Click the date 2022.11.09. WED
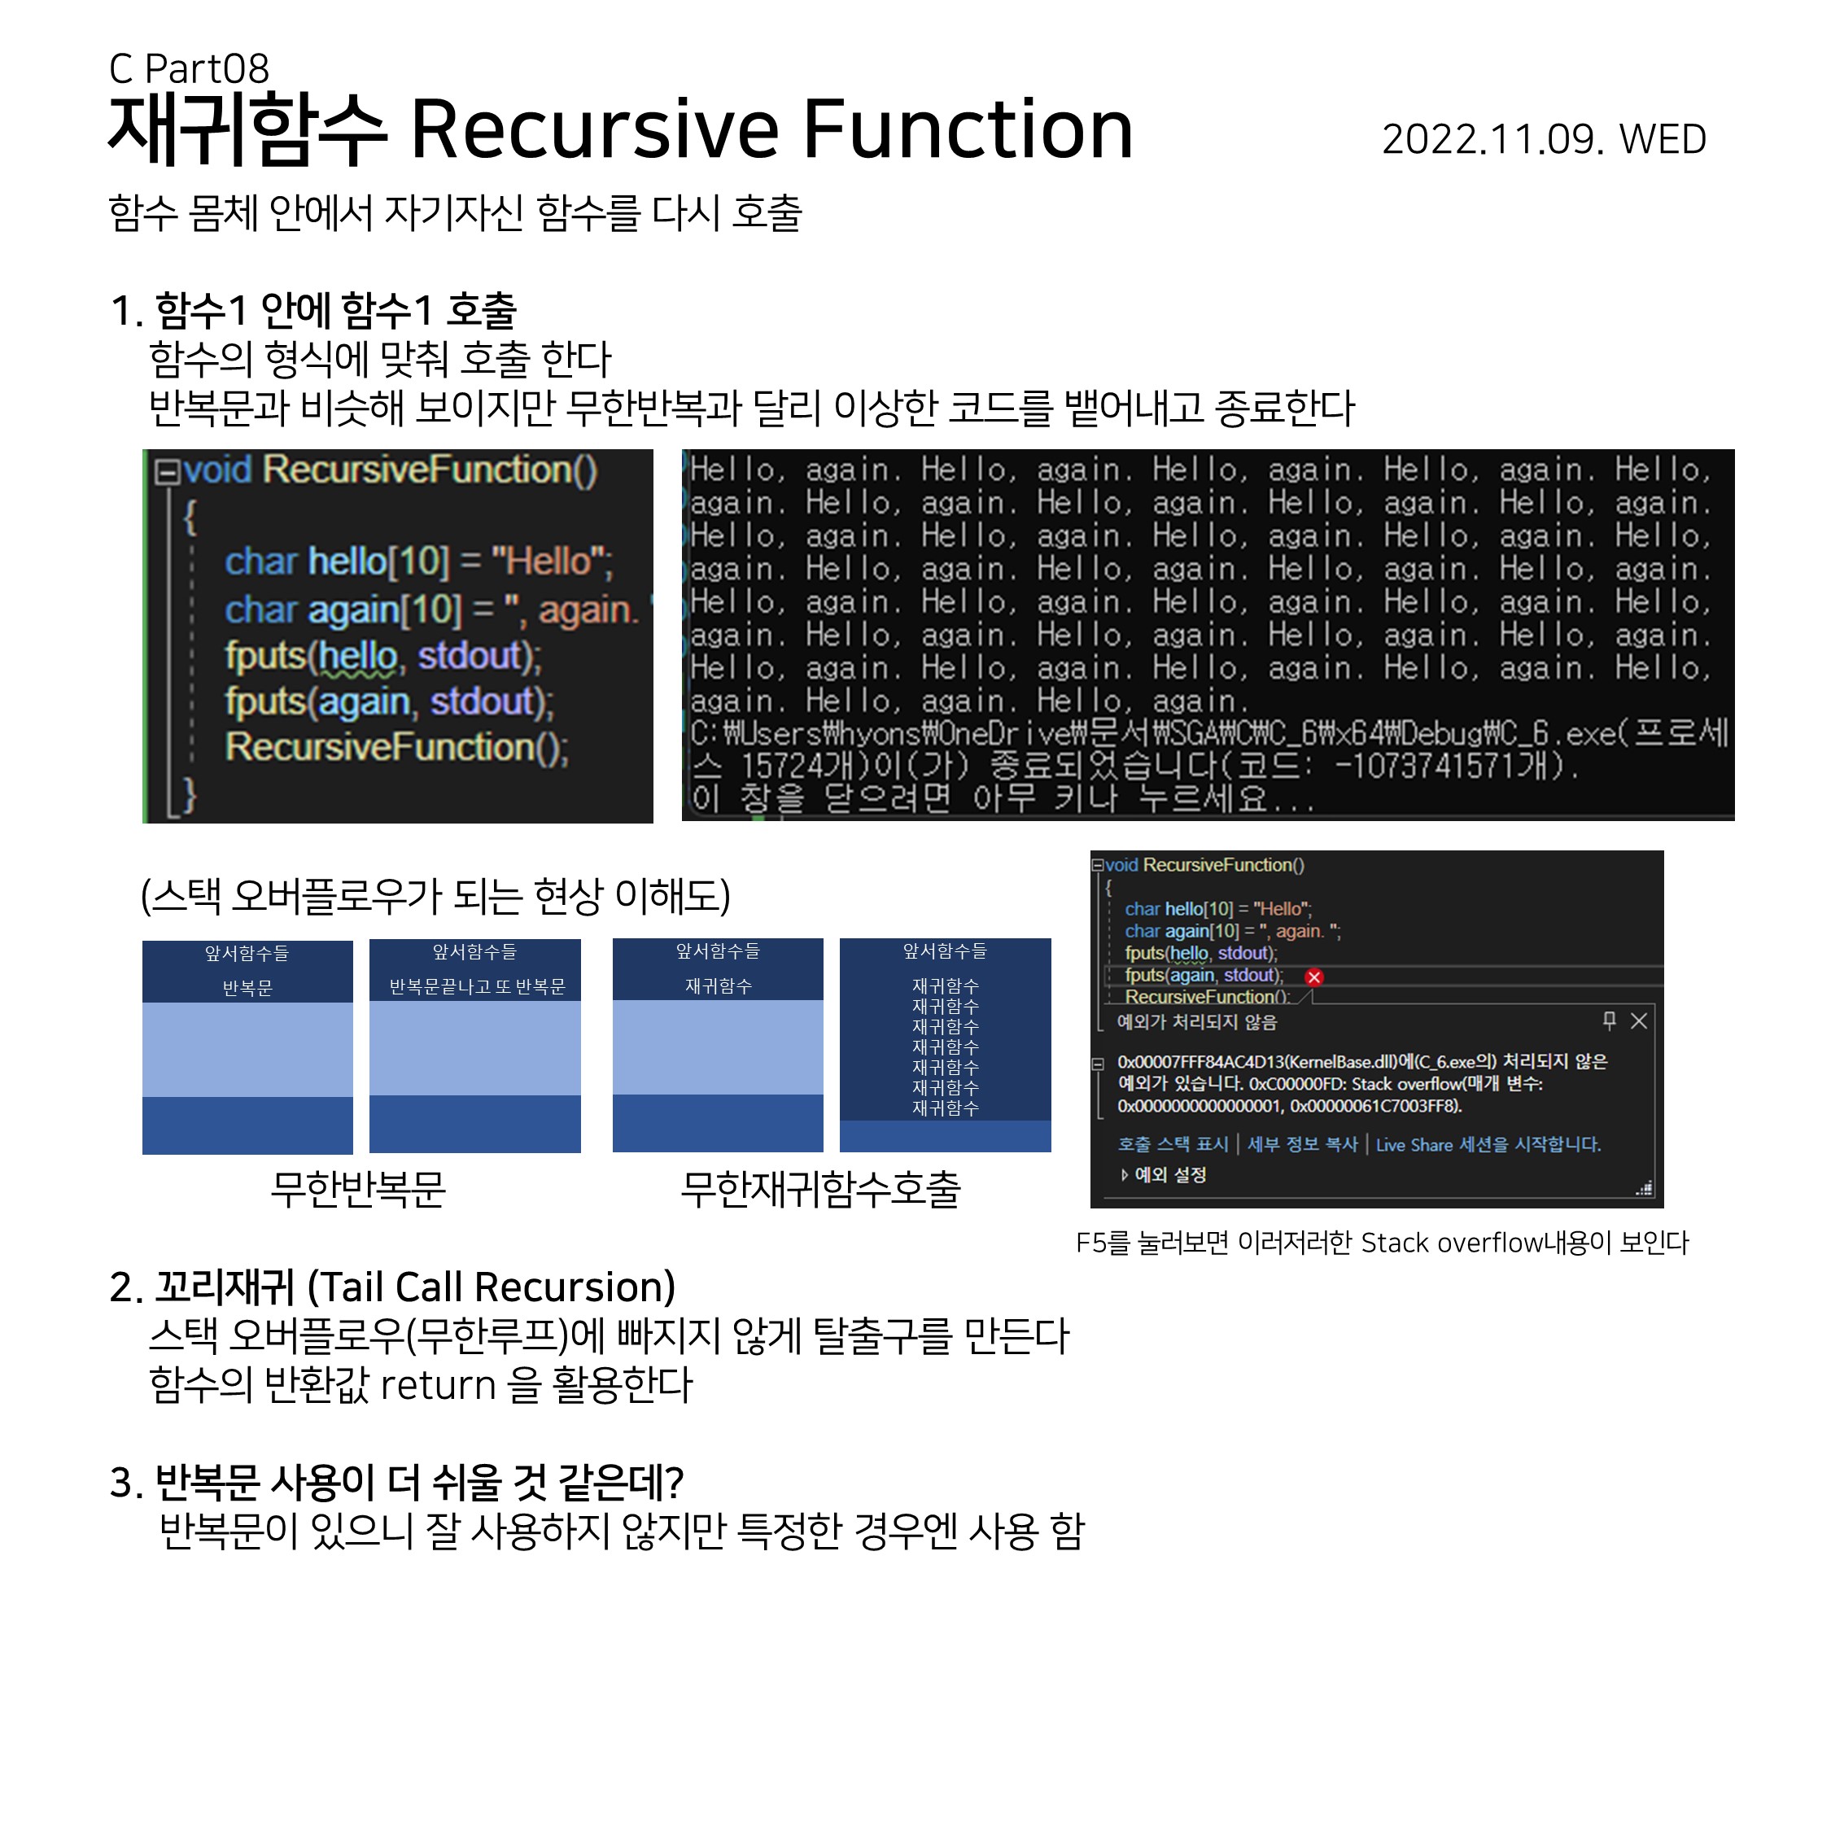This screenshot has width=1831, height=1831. (x=1543, y=139)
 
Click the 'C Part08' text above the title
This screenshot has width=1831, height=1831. (x=189, y=68)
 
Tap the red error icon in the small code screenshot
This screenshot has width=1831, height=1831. (x=1313, y=977)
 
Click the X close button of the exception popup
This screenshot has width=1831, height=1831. (x=1639, y=1020)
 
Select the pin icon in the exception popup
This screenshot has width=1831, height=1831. (x=1608, y=1020)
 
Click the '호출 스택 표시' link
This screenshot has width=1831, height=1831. (x=1173, y=1145)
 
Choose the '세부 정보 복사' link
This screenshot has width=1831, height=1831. (x=1302, y=1145)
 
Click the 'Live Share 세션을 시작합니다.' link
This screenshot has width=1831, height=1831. (x=1488, y=1145)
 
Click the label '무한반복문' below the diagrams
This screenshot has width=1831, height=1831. (x=358, y=1188)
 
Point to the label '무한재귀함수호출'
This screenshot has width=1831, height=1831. (x=821, y=1188)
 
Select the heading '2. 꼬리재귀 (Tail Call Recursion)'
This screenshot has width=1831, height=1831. (x=392, y=1287)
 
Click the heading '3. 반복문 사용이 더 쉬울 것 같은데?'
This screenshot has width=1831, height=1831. (x=396, y=1482)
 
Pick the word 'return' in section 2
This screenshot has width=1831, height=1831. (x=438, y=1386)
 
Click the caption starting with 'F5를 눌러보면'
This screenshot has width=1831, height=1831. (x=1382, y=1243)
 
